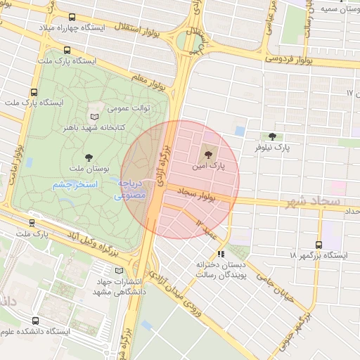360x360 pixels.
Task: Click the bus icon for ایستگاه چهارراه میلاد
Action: click(73, 17)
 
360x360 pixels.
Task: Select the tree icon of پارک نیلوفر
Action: click(272, 136)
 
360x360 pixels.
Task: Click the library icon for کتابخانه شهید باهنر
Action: click(95, 116)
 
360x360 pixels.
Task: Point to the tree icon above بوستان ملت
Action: click(89, 157)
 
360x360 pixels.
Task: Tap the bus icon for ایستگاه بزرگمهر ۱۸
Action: click(319, 245)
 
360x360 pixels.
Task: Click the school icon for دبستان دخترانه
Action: click(221, 254)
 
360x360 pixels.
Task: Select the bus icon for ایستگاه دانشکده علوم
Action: click(35, 321)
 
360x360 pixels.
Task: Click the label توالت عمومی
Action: click(127, 110)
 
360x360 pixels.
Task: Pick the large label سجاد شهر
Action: click(313, 202)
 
